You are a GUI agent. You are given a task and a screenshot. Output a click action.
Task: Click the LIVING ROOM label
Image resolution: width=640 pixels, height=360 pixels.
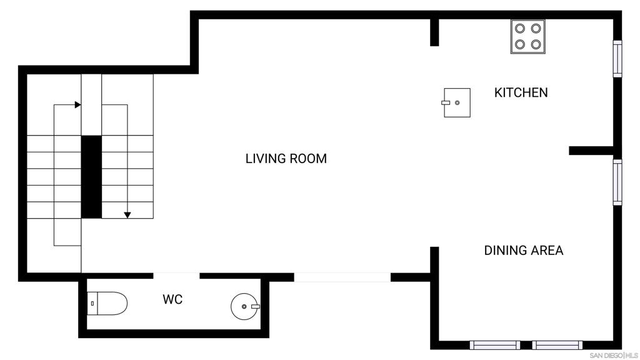coord(286,158)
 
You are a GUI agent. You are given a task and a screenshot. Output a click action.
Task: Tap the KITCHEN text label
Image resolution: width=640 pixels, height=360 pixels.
coord(521,92)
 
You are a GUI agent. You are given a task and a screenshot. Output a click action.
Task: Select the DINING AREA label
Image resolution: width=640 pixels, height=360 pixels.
coord(524,250)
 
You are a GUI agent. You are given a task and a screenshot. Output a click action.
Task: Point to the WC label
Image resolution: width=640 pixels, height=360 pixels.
coord(172,299)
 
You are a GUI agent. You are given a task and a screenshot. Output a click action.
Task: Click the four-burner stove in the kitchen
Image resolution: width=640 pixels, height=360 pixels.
coord(527,36)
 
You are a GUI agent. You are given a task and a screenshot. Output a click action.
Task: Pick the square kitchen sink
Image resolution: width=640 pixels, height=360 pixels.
coord(457,103)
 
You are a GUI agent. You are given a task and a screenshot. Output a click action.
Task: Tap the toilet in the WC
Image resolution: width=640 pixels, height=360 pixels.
coord(107,303)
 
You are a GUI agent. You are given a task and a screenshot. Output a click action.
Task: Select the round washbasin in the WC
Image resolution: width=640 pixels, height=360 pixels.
coord(244,306)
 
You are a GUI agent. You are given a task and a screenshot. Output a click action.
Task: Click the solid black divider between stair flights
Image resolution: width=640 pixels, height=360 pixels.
coord(91,177)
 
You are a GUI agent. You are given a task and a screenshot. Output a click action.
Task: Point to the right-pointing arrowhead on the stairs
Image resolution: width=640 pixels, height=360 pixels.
coord(77,105)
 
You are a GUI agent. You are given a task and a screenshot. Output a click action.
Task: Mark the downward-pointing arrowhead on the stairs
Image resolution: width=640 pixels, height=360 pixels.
coord(127,215)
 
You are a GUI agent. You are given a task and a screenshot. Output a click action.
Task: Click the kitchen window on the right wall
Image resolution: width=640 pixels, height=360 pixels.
coord(617,59)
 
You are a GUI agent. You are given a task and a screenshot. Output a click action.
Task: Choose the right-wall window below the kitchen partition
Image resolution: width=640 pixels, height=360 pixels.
coord(617,182)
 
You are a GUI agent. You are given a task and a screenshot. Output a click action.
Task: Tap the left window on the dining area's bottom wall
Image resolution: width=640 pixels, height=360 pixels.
coord(495,345)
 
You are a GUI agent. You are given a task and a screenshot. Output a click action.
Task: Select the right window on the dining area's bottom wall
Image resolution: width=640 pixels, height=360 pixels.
coord(557,345)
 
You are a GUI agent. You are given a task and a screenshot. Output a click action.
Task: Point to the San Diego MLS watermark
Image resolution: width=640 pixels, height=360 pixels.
coord(614,356)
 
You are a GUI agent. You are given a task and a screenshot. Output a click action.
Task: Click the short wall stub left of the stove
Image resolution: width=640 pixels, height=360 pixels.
coord(434,32)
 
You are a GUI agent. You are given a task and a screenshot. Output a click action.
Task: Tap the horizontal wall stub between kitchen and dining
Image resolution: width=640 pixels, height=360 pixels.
coord(591,151)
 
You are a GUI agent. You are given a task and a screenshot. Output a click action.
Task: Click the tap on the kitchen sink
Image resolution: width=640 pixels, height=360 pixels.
coord(446,103)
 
